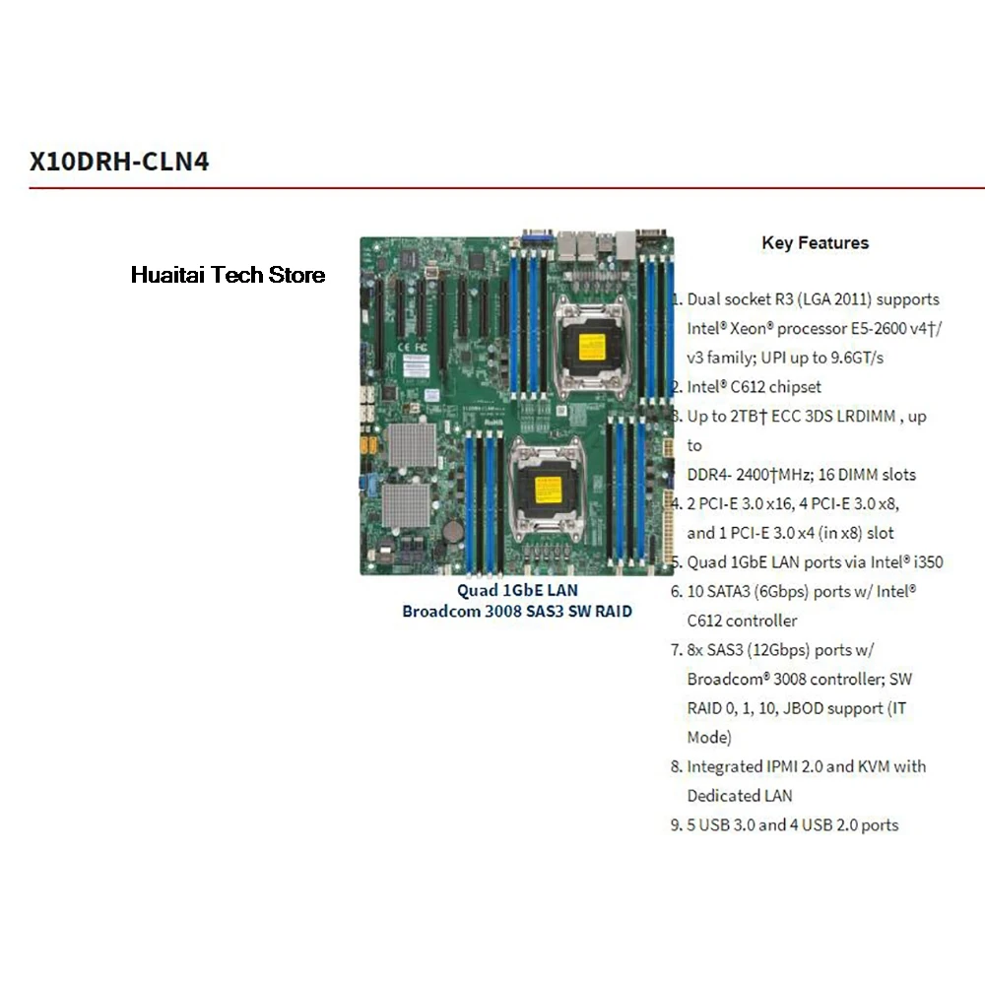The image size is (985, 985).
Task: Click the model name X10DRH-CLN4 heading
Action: (119, 161)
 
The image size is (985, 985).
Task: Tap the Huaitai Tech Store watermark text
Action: (228, 275)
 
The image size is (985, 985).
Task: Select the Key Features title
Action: (815, 242)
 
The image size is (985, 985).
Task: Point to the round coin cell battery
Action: (452, 531)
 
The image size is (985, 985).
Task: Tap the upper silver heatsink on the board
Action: (412, 446)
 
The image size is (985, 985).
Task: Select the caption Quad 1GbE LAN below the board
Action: (517, 590)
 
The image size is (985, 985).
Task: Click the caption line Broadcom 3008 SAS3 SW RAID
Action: (517, 611)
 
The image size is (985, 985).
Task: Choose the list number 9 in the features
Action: (676, 825)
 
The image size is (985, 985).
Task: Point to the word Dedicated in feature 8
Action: (725, 796)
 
